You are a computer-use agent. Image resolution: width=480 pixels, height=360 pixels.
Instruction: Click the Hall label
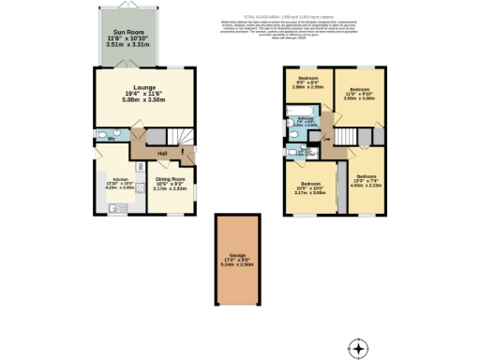[162, 154]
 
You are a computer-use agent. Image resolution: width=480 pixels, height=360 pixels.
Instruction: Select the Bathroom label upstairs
[306, 119]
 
